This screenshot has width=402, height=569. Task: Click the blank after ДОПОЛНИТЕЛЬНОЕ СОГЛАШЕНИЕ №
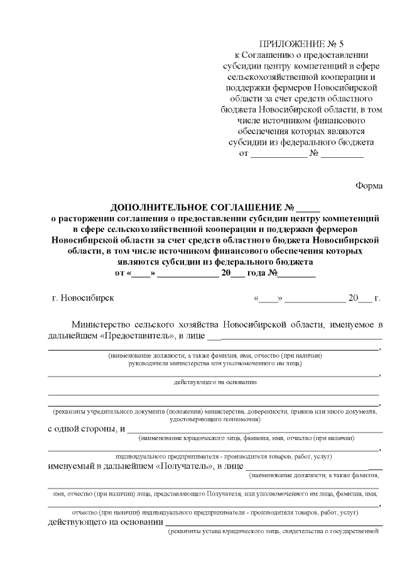pyautogui.click(x=308, y=209)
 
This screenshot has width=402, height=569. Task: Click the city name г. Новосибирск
pyautogui.click(x=84, y=298)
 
